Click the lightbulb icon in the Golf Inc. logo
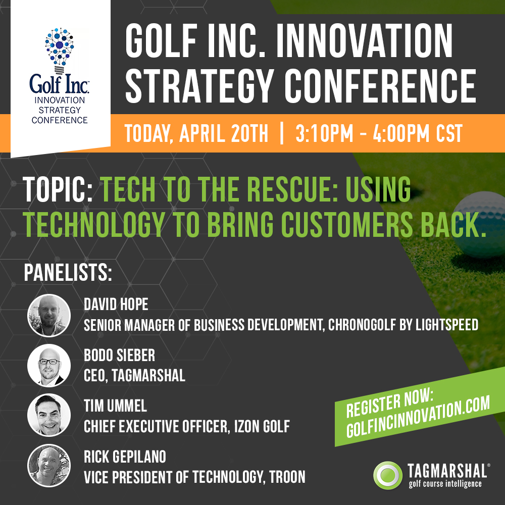59,50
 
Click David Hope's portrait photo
49,315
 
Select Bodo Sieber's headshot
49,365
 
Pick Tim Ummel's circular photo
49,415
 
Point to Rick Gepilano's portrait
49,466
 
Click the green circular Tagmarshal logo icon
388,475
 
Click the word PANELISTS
68,273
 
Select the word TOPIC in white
58,189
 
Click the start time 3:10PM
324,133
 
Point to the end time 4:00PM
401,133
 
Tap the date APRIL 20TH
224,133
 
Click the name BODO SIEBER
120,355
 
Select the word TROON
287,477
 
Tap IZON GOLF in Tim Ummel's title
262,426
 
